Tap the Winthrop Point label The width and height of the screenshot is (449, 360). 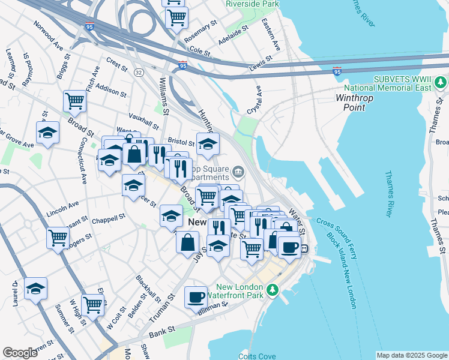[358, 102]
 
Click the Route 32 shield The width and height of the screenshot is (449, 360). [139, 72]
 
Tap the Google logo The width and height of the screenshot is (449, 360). [20, 352]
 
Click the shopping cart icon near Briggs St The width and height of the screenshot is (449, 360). [74, 101]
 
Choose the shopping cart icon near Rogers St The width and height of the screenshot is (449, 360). [58, 238]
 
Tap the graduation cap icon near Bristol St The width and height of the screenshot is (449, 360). [208, 144]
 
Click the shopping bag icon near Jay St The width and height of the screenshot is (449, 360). [188, 242]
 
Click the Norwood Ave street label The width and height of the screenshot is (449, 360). [49, 35]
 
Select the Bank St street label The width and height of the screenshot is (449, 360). [161, 330]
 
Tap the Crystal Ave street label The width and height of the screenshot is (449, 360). [255, 100]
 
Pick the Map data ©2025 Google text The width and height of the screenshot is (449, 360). [411, 355]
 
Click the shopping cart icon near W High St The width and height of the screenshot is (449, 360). [92, 305]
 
